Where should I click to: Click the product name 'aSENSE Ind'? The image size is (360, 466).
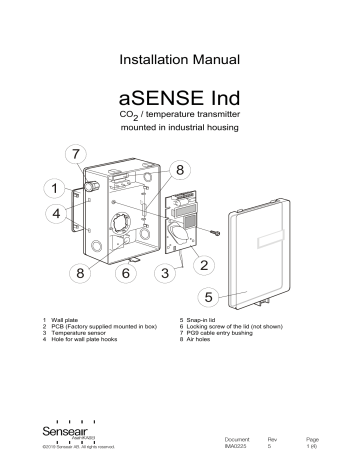(x=180, y=102)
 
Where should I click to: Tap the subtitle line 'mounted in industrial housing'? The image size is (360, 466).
(x=180, y=142)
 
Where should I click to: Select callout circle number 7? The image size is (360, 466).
(x=72, y=155)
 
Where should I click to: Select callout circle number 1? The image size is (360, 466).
(x=49, y=187)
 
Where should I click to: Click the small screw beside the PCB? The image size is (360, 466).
(x=214, y=232)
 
